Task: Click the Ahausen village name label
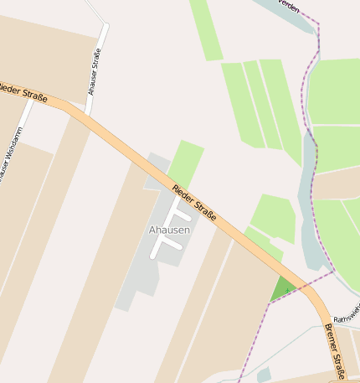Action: click(169, 230)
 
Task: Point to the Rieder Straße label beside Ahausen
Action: click(194, 203)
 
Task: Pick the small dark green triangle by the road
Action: click(283, 290)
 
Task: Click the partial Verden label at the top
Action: click(289, 5)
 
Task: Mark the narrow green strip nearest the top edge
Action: click(205, 29)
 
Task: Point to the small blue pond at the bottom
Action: click(264, 375)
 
